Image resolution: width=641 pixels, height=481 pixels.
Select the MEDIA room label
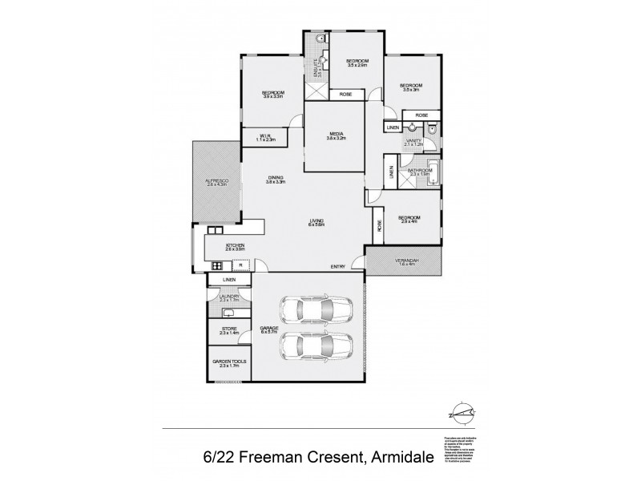pyautogui.click(x=336, y=135)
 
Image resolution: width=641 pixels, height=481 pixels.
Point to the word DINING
pyautogui.click(x=276, y=179)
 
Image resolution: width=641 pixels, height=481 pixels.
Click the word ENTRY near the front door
pyautogui.click(x=337, y=267)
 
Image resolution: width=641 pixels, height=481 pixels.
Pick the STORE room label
pyautogui.click(x=228, y=329)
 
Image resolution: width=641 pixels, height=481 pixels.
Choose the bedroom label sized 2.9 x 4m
pyautogui.click(x=410, y=219)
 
